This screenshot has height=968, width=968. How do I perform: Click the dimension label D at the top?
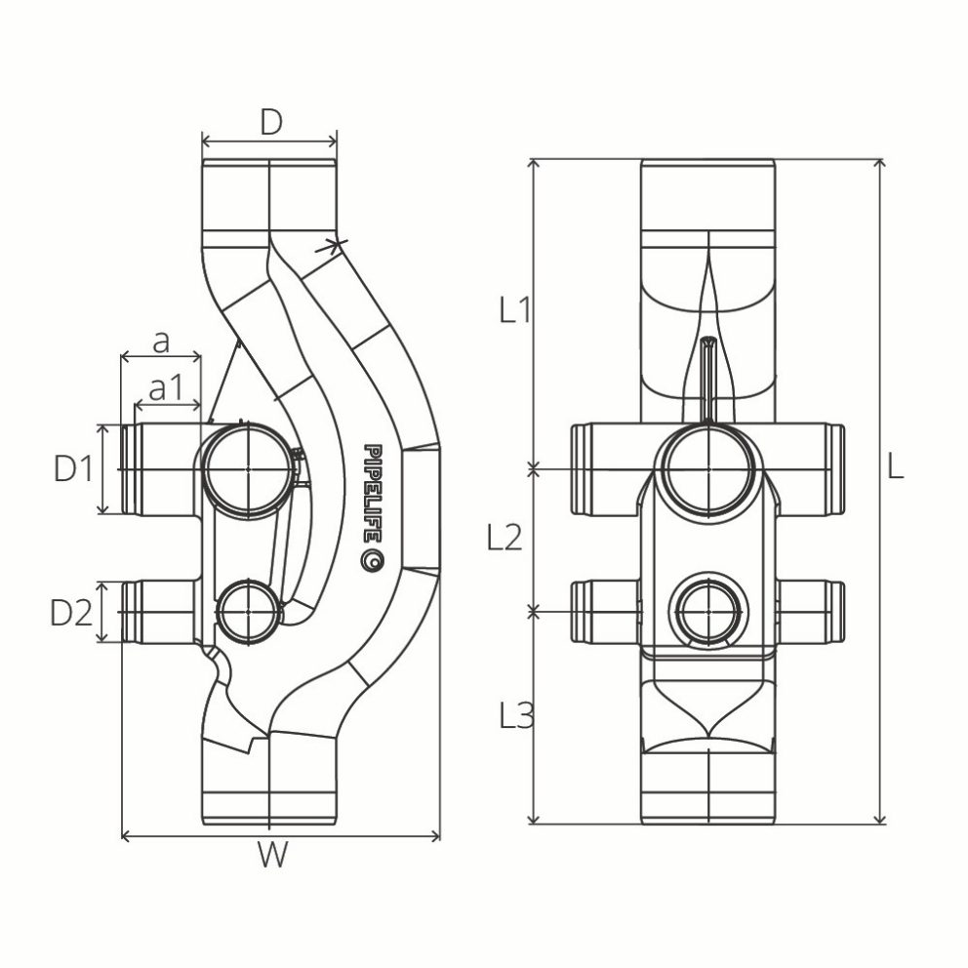(270, 122)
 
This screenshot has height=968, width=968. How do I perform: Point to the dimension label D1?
(73, 469)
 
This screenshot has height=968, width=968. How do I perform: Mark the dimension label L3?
(514, 717)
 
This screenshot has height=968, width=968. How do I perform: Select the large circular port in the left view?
(248, 469)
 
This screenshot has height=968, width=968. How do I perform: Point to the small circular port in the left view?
(248, 612)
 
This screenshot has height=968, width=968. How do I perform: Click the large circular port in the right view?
(708, 469)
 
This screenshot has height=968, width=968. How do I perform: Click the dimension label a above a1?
(162, 342)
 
